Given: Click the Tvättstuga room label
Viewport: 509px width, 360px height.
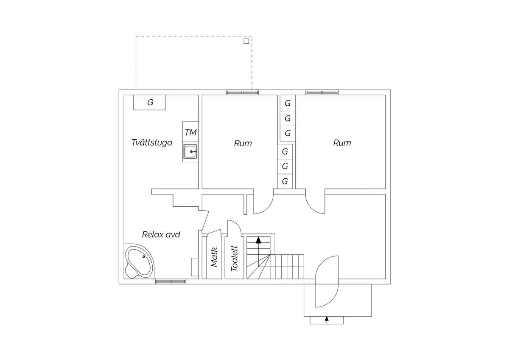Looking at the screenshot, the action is click(152, 143).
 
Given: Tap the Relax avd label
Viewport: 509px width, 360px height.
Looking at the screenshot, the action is click(161, 234).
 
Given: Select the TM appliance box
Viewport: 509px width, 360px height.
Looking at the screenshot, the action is click(190, 132).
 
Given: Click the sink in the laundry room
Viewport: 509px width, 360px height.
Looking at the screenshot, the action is click(190, 152).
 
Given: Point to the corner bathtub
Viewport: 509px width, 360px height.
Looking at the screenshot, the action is click(139, 262).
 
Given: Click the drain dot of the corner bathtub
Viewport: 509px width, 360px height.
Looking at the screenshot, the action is click(144, 257).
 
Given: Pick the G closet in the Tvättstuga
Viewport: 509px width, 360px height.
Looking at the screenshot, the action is click(149, 103).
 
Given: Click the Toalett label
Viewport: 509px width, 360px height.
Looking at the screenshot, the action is click(234, 259).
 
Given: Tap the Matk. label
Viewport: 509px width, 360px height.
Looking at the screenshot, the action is click(214, 256).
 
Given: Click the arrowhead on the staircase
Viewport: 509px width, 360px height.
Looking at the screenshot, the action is click(258, 240).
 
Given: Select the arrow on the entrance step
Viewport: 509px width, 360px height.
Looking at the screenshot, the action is click(327, 320).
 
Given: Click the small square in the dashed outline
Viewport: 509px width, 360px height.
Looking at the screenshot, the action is click(246, 41).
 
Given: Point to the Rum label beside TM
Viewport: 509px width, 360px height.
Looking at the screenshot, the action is click(243, 143).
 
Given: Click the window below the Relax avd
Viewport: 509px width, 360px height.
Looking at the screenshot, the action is click(171, 281).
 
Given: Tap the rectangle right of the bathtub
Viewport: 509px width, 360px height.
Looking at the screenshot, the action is click(195, 267).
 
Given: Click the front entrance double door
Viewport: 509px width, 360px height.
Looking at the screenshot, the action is click(327, 281).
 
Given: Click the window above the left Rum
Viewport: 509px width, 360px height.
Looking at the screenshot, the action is click(243, 92).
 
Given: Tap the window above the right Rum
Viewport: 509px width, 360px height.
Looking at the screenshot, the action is click(322, 92).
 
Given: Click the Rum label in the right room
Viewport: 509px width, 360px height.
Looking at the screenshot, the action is click(342, 143).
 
